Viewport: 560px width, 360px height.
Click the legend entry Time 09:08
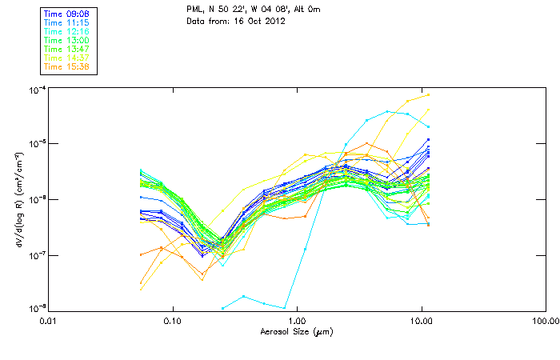click(67, 14)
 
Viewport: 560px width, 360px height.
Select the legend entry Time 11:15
click(67, 22)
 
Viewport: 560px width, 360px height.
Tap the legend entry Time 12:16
click(67, 31)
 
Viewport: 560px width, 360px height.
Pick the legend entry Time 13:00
click(67, 40)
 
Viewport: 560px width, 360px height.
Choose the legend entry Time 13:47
click(67, 49)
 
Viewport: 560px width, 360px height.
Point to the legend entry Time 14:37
click(67, 58)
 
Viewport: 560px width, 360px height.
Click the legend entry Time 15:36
click(67, 66)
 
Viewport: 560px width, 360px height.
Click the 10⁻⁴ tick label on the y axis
click(35, 88)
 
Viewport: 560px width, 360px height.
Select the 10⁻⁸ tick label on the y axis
click(35, 309)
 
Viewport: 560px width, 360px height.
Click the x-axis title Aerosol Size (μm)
click(297, 331)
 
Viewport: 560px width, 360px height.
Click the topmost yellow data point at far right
click(429, 95)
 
